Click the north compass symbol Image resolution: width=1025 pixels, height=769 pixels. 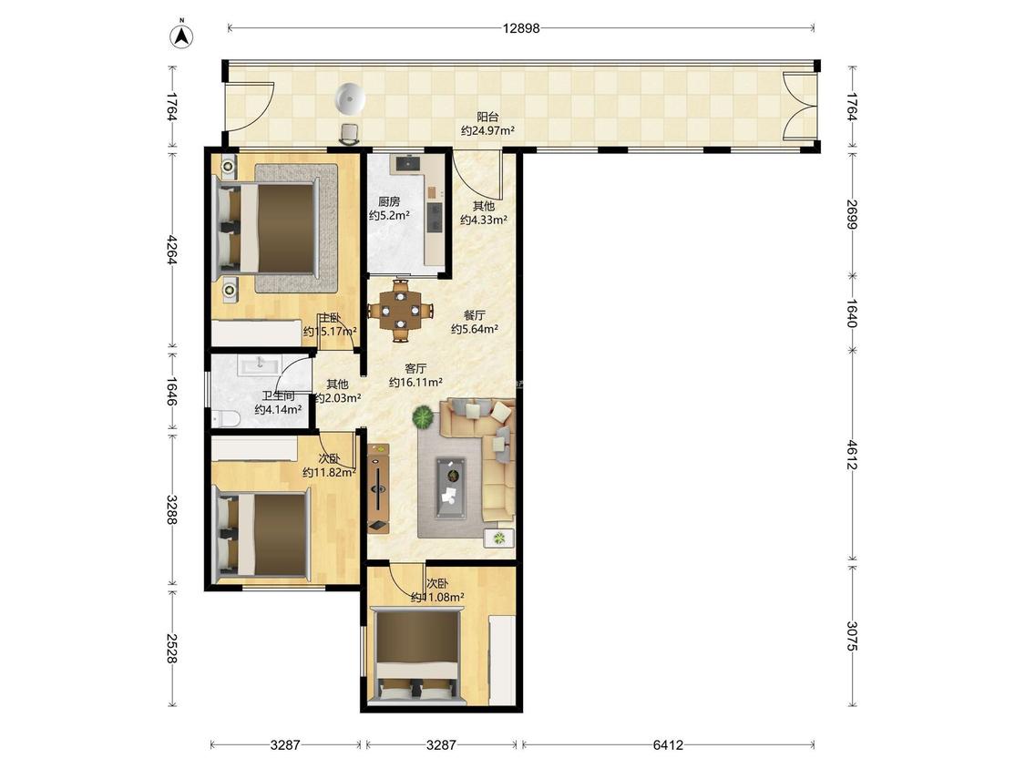pyautogui.click(x=181, y=36)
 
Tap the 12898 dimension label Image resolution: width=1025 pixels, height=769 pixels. pyautogui.click(x=521, y=28)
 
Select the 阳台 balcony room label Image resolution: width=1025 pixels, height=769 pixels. pyautogui.click(x=487, y=117)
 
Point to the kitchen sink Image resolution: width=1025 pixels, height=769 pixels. pyautogui.click(x=408, y=162)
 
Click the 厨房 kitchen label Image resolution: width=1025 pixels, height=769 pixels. pyautogui.click(x=389, y=202)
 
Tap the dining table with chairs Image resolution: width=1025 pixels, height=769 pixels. pyautogui.click(x=400, y=310)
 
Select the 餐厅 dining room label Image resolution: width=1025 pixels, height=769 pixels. pyautogui.click(x=475, y=315)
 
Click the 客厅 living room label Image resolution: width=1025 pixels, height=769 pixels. pyautogui.click(x=415, y=369)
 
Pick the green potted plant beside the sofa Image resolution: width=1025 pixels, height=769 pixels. pyautogui.click(x=424, y=416)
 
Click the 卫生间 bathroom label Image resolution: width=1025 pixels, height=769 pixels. pyautogui.click(x=278, y=396)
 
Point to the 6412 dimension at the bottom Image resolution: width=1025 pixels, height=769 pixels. pyautogui.click(x=668, y=744)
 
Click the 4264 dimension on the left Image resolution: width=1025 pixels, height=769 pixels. pyautogui.click(x=172, y=250)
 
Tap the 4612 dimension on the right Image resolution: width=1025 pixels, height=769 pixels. pyautogui.click(x=852, y=455)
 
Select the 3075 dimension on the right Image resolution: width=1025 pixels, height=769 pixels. pyautogui.click(x=852, y=636)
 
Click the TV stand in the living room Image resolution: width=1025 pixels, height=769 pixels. pyautogui.click(x=378, y=487)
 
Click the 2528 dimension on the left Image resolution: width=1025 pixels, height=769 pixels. pyautogui.click(x=172, y=648)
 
